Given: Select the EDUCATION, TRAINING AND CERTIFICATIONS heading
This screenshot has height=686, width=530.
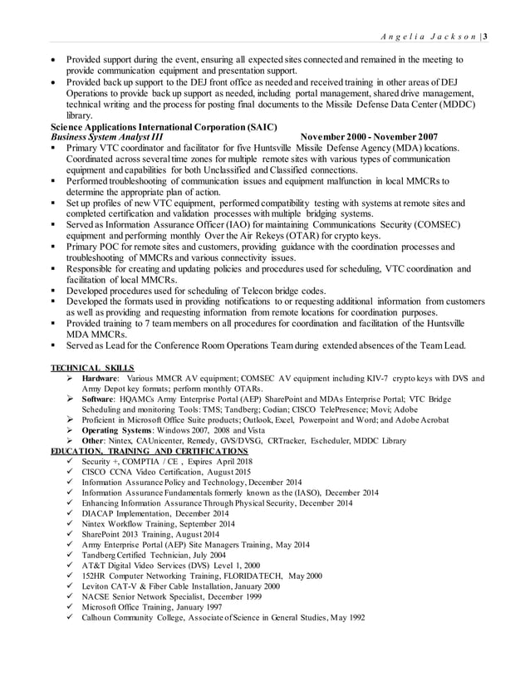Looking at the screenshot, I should tap(144, 450).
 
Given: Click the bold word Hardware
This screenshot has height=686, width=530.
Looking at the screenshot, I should tap(100, 378).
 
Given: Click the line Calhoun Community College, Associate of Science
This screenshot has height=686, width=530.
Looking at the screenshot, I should tap(223, 617).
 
